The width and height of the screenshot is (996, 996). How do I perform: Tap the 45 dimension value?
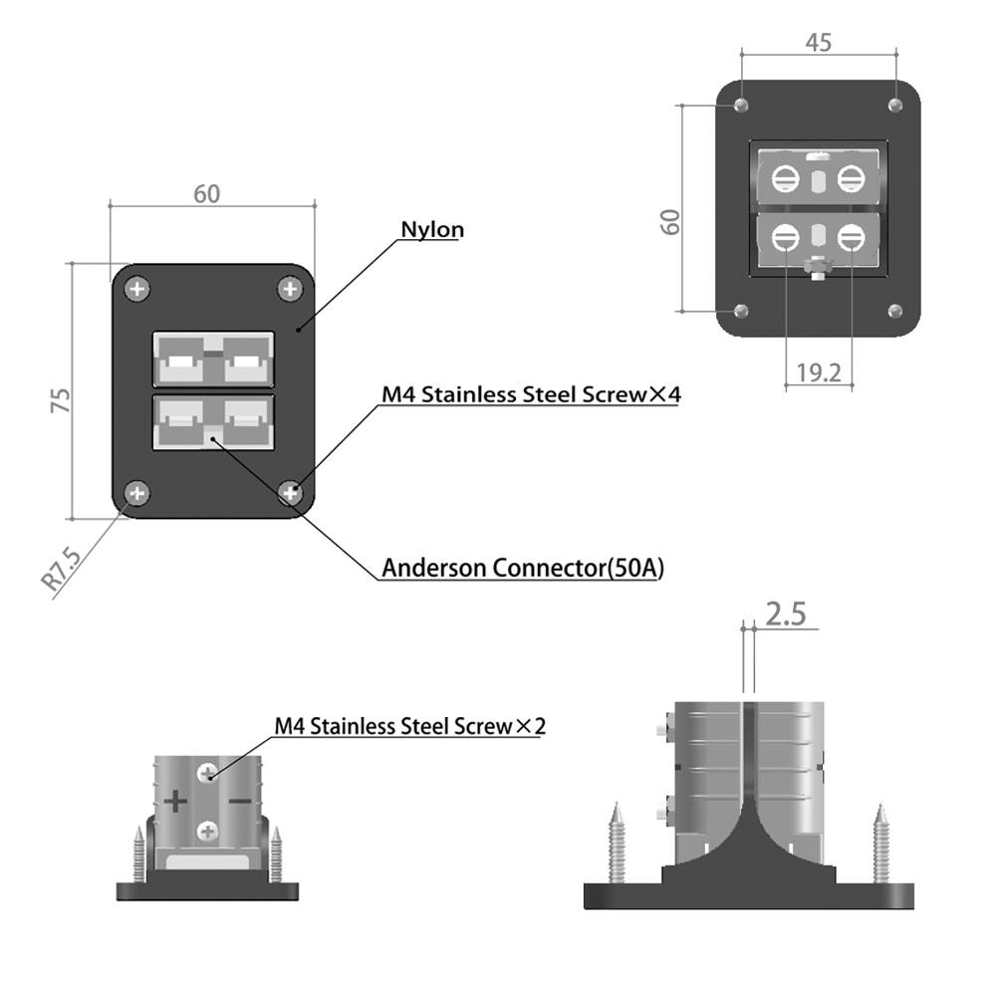pos(819,42)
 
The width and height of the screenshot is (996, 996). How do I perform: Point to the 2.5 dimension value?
pos(786,614)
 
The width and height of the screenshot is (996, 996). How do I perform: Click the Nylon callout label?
pos(432,229)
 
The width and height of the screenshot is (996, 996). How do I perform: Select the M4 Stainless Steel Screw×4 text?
pos(531,394)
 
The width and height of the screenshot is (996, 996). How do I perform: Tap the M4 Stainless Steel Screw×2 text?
pos(410,726)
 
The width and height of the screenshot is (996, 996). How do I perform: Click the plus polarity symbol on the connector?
pos(176,801)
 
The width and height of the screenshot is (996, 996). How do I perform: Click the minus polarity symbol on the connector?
pos(240,801)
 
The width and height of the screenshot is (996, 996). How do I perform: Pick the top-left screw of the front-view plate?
pos(137,290)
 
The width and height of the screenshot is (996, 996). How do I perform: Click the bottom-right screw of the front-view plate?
pos(290,491)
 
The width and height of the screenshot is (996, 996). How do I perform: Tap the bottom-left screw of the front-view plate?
pos(137,491)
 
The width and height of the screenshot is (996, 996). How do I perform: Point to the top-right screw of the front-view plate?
pos(290,290)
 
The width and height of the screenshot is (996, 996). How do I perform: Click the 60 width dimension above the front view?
pos(206,194)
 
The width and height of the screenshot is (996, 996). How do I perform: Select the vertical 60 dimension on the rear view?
pos(672,221)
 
